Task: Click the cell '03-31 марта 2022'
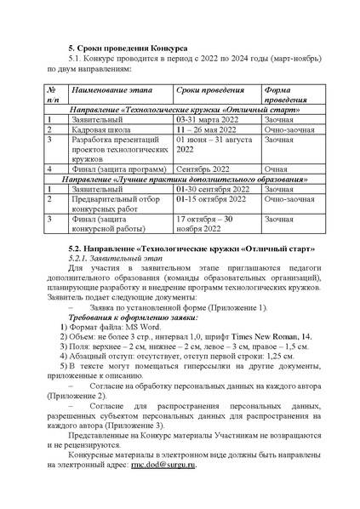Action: pyautogui.click(x=205, y=120)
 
